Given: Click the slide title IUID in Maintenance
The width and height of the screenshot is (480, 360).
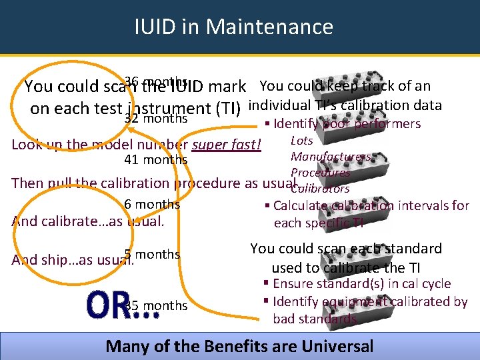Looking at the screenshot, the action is (233, 27).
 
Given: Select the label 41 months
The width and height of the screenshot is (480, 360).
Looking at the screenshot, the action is (156, 160).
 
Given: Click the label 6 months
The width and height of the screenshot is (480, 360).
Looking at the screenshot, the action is (152, 205).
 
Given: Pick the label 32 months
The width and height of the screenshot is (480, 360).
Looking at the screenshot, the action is (156, 119).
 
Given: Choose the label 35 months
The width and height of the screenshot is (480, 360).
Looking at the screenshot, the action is (157, 305).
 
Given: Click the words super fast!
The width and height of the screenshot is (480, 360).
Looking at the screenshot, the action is (227, 145).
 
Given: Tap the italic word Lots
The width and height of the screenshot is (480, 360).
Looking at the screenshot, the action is (302, 141).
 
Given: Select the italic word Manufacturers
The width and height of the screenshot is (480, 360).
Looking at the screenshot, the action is (330, 157).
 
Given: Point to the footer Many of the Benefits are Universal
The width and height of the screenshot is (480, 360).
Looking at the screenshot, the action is (239, 346).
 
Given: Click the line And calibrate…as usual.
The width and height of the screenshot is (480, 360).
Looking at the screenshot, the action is (88, 221).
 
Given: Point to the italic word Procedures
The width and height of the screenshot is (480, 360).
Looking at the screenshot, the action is (320, 173).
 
